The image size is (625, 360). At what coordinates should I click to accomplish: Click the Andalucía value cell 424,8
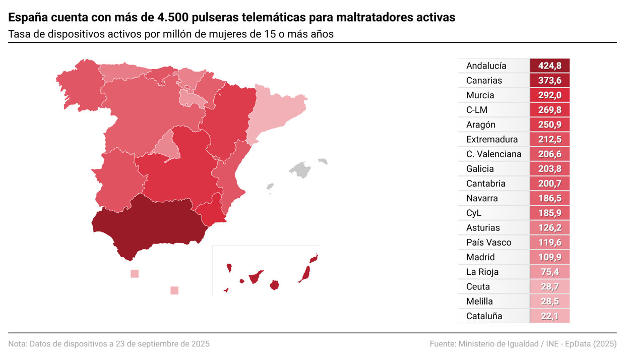pyautogui.click(x=549, y=66)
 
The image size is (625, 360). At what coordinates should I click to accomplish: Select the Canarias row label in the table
pyautogui.click(x=484, y=81)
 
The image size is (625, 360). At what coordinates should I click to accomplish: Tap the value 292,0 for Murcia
pyautogui.click(x=549, y=95)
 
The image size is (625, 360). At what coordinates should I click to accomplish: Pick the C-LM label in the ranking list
pyautogui.click(x=477, y=110)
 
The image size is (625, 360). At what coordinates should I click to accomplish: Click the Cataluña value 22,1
pyautogui.click(x=549, y=316)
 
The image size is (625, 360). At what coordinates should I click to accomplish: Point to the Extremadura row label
pyautogui.click(x=492, y=139)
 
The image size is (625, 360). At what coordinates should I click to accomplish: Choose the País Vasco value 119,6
pyautogui.click(x=549, y=243)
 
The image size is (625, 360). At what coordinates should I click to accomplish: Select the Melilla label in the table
pyautogui.click(x=479, y=302)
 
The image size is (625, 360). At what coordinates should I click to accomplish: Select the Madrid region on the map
pyautogui.click(x=166, y=146)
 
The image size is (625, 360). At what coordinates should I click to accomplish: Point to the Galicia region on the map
pyautogui.click(x=78, y=83)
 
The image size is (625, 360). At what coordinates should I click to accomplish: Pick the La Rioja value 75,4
pyautogui.click(x=549, y=272)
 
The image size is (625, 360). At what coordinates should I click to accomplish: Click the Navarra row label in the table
pyautogui.click(x=482, y=198)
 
